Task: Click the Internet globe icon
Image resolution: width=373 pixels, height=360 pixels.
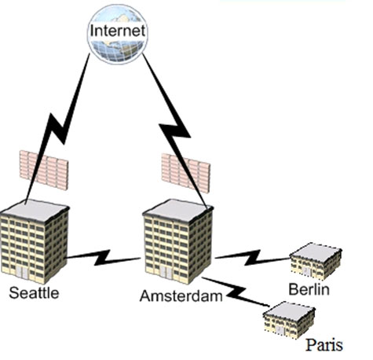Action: point(118,34)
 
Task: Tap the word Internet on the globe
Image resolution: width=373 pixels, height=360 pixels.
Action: point(118,31)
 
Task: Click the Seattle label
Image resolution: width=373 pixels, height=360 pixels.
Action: point(34,292)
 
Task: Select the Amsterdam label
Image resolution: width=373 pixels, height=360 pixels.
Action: point(181,296)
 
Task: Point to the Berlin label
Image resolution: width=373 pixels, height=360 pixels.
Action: point(309,289)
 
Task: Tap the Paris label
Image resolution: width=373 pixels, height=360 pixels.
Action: point(324,345)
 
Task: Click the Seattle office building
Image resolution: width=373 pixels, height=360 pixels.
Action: point(35,241)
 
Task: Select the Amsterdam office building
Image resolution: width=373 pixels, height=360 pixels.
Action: point(178,241)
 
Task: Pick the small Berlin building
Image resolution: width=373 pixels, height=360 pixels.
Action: point(316,261)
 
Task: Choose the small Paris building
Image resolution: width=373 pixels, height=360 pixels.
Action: point(289,320)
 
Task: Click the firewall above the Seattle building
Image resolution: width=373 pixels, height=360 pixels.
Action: point(44,170)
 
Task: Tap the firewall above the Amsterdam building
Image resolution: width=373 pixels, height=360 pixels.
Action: point(186,173)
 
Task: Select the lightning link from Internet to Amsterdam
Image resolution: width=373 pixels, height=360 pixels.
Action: point(175,130)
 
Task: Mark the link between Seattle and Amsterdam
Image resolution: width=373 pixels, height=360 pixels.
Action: point(103,258)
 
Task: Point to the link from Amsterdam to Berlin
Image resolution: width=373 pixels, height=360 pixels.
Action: point(252,257)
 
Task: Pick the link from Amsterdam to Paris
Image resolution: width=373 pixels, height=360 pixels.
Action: point(236,292)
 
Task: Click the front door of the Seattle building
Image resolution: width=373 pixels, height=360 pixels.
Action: point(22,273)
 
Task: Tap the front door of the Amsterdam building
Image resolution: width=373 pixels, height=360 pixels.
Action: point(166,273)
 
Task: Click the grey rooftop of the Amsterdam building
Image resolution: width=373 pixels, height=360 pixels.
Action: point(178,210)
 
